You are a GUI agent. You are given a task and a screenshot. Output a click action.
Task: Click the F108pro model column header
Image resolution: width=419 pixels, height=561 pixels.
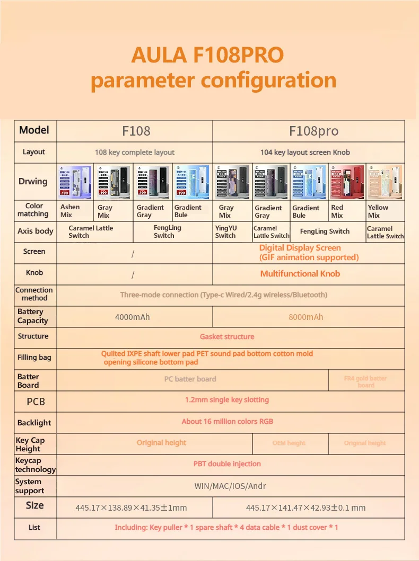click(313, 131)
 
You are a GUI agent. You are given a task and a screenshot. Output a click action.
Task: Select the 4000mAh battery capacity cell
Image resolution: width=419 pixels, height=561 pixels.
click(133, 317)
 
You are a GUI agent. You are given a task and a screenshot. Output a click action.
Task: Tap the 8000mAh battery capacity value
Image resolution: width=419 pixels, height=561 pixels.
click(305, 317)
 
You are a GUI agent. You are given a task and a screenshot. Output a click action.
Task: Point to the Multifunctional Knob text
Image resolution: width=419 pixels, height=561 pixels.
click(300, 274)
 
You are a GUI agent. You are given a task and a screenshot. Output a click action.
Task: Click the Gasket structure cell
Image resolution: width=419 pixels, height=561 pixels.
click(227, 337)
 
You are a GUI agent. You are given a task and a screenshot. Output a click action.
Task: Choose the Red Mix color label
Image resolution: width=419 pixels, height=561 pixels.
click(337, 211)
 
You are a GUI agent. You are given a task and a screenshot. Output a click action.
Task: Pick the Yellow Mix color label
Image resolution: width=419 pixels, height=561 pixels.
click(378, 211)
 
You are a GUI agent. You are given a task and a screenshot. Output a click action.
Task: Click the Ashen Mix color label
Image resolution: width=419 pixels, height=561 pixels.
click(70, 211)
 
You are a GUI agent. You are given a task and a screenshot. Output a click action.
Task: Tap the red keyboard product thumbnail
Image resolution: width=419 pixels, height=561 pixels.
click(347, 182)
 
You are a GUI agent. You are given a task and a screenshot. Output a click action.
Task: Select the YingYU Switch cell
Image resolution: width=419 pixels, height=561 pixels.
click(226, 232)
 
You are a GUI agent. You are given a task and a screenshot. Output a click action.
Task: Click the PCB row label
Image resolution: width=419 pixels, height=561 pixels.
click(36, 402)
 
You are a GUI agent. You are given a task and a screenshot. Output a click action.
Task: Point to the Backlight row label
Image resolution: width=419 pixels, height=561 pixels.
click(34, 423)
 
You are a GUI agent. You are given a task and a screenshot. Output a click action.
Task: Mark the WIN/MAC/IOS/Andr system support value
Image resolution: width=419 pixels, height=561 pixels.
click(230, 486)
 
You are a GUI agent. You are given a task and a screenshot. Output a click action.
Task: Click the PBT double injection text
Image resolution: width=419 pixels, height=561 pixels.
click(227, 464)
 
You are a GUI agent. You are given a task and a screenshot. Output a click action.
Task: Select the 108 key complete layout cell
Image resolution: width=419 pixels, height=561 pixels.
click(135, 153)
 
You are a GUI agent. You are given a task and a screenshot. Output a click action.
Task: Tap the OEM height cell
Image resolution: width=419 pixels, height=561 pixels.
click(289, 443)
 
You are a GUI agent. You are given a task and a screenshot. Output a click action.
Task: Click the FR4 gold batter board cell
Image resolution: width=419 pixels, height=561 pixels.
click(365, 381)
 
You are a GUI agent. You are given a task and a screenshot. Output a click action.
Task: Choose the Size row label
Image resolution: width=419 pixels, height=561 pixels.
click(35, 505)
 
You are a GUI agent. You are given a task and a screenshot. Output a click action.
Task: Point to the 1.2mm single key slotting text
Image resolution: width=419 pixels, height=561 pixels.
click(227, 400)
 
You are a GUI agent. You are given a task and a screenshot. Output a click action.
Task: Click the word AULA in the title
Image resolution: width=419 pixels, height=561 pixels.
click(158, 55)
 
